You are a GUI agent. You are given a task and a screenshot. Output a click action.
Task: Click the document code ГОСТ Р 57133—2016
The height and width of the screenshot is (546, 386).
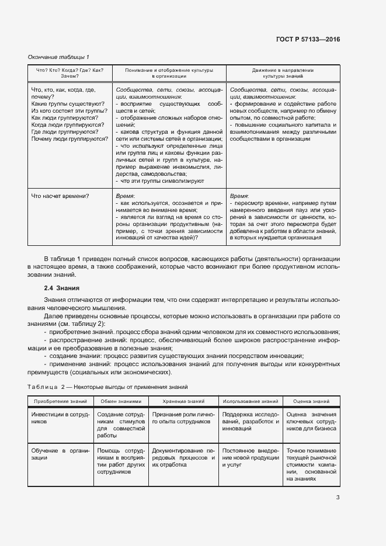(308, 40)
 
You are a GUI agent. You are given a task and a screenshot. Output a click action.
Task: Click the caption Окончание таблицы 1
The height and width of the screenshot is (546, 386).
(59, 57)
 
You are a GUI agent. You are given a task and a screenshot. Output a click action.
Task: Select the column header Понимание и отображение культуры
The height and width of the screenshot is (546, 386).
(169, 73)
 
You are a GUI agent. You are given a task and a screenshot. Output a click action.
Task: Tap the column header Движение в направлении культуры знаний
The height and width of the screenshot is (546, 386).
(283, 73)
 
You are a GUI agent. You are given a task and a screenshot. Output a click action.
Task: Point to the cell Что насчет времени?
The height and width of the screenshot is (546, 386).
(64, 196)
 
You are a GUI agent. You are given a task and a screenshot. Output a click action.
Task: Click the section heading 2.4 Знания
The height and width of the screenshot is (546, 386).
(62, 288)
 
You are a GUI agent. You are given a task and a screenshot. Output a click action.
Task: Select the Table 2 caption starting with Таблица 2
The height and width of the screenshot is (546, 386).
(108, 387)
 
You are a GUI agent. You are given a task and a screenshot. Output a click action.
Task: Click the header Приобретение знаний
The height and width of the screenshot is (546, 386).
(60, 402)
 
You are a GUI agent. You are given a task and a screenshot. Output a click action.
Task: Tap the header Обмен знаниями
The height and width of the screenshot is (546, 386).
(121, 402)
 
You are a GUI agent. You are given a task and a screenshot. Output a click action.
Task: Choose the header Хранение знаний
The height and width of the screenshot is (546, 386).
(183, 402)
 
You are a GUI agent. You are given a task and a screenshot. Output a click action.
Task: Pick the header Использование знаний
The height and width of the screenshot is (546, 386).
(251, 402)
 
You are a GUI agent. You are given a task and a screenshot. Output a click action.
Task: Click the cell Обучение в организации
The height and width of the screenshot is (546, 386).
(60, 454)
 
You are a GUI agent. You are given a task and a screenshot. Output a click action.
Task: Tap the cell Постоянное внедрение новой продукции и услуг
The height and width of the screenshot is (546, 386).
(251, 454)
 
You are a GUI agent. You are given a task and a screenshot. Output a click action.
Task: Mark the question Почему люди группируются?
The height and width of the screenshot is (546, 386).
(69, 139)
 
